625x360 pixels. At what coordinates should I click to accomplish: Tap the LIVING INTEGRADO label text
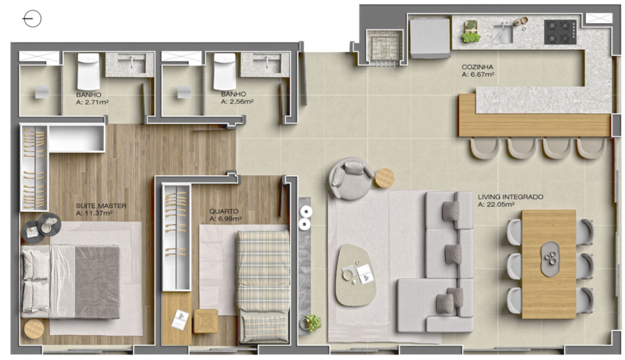(x=510, y=197)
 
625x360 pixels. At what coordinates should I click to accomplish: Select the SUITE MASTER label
(x=101, y=206)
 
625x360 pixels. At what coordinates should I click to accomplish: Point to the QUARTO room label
(x=223, y=212)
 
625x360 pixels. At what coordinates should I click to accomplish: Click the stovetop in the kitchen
(x=559, y=32)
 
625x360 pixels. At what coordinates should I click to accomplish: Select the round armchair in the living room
(x=351, y=178)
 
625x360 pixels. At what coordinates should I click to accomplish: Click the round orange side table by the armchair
(x=384, y=177)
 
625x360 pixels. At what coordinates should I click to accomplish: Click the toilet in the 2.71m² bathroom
(x=87, y=71)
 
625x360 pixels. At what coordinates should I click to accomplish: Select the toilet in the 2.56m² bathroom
(x=224, y=71)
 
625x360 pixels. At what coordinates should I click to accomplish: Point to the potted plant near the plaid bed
(x=312, y=323)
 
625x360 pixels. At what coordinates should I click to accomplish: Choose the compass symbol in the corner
(x=31, y=19)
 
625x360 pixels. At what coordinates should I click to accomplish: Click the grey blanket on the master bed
(x=97, y=282)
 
